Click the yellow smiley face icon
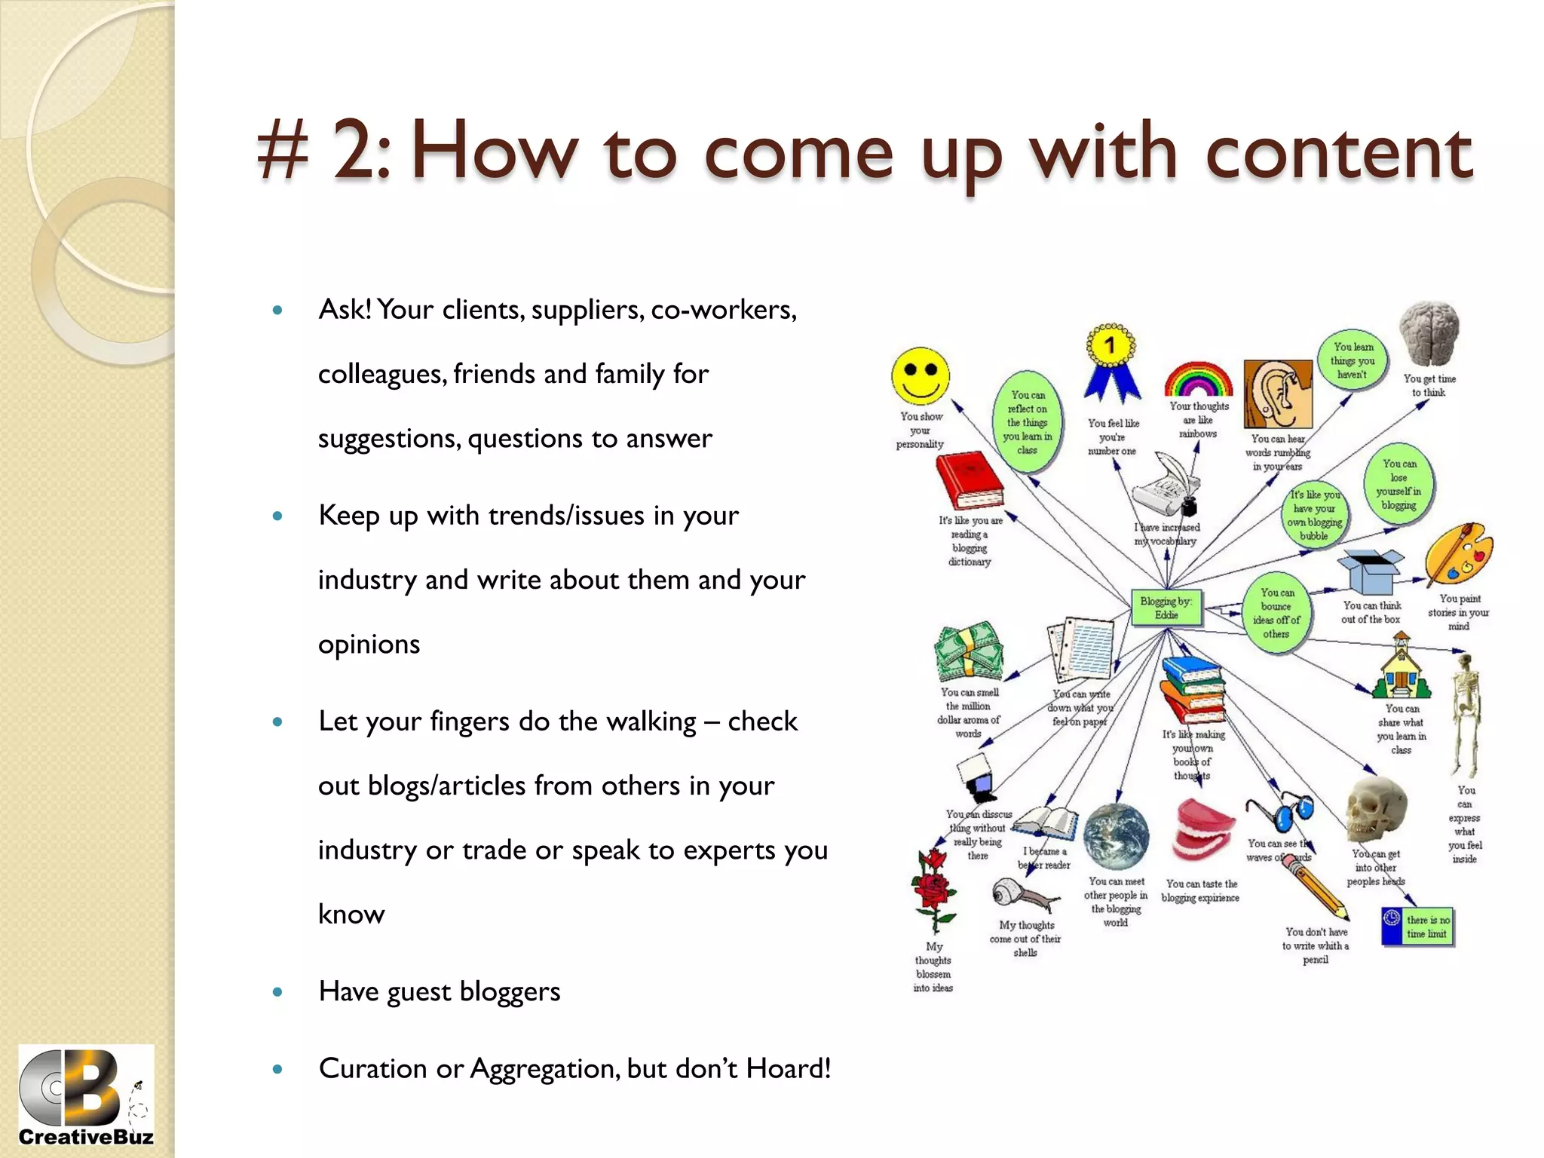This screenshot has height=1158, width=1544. (920, 375)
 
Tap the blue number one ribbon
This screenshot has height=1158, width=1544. (1111, 363)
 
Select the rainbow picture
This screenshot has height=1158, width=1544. (1198, 379)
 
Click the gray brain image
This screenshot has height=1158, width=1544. (1429, 333)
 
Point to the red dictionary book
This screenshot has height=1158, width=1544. (969, 481)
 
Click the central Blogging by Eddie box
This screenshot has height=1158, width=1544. (1166, 608)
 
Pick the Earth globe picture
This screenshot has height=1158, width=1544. (1116, 838)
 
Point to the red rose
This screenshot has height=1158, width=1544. (934, 890)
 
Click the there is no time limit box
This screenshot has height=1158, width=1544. (1419, 927)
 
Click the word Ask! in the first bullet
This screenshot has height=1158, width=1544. (345, 309)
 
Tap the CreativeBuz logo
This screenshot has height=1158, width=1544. (86, 1098)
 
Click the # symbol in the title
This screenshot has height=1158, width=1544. (283, 152)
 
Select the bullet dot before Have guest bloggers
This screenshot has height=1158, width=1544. (277, 992)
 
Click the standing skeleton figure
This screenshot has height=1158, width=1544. (1466, 712)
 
